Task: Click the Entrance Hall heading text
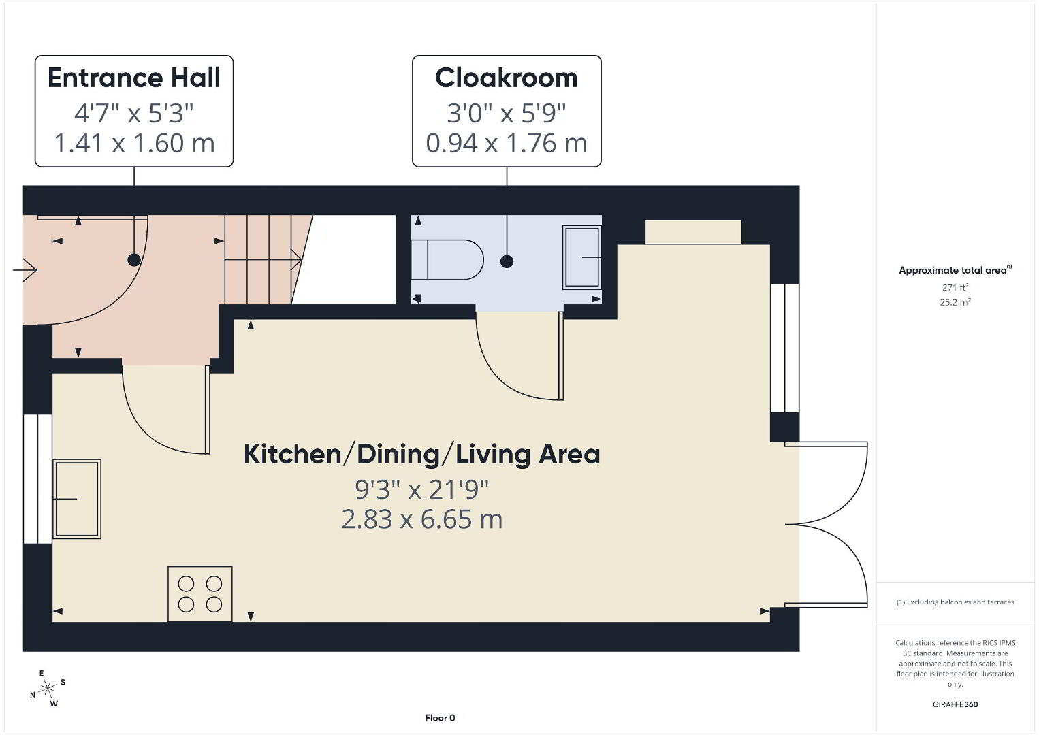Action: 134,78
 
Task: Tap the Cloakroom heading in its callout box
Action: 507,78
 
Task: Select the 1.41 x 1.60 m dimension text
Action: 135,144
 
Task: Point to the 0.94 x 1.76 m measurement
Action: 507,144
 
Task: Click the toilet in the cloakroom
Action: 447,260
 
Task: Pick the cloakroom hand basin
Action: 581,257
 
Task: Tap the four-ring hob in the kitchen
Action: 200,594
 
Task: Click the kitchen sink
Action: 76,499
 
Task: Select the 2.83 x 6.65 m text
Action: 422,519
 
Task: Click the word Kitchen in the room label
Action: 293,455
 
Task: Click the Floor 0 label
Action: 441,718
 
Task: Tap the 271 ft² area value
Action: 955,287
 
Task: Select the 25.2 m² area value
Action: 955,302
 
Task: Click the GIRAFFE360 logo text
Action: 955,704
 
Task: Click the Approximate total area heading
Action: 955,270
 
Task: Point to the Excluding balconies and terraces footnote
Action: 955,602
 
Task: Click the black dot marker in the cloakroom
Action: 507,261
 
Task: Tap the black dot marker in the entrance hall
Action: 134,260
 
